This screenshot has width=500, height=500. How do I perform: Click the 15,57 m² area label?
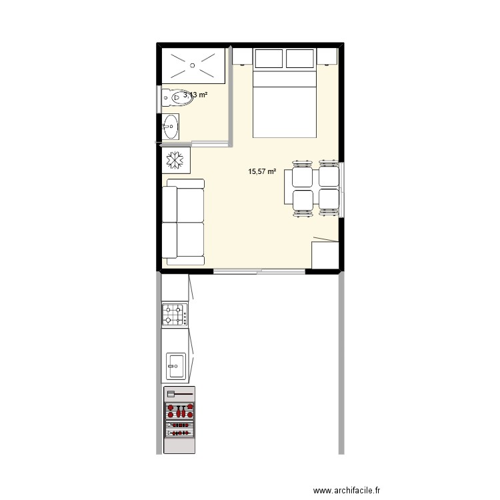pos(262,171)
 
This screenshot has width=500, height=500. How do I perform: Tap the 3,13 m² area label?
pos(195,95)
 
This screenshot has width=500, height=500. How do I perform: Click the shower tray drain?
pos(192,65)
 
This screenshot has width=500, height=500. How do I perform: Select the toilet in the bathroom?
pos(177,97)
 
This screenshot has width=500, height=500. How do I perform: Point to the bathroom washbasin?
pos(171,127)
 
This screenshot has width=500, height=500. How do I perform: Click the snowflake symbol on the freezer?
pos(175,160)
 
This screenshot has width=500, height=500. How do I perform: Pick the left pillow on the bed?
pos(269,59)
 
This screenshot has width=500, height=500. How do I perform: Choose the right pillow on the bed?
pos(300,59)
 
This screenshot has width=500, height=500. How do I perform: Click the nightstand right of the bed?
pos(327,56)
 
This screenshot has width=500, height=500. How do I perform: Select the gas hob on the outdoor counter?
pos(175,315)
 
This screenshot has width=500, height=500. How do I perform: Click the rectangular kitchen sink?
pos(176,366)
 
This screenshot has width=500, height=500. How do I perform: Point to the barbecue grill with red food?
pos(179,419)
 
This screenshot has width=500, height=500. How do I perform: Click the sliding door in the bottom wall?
pos(259,272)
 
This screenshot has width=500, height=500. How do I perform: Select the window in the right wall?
pos(341,190)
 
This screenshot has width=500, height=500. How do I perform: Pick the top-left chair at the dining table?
pos(302,175)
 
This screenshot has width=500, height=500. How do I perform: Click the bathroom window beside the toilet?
pos(159,99)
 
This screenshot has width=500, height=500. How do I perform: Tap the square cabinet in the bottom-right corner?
pos(325,255)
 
